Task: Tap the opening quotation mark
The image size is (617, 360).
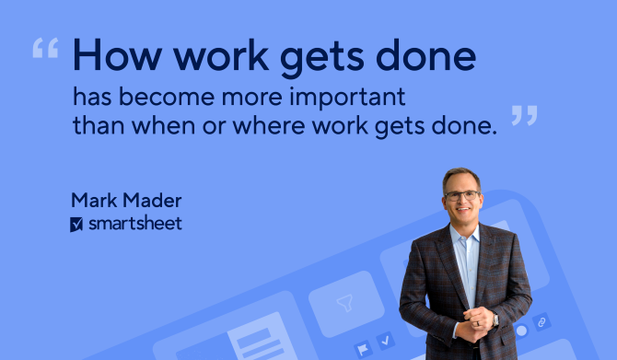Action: tap(44, 48)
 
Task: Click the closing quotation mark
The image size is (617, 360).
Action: tap(524, 115)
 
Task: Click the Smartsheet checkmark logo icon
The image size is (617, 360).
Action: tap(77, 224)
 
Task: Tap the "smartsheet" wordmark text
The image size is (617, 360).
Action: tap(134, 224)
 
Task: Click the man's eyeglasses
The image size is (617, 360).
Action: tap(462, 195)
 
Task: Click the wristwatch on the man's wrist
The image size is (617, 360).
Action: tap(495, 319)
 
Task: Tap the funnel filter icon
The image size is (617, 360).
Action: tap(346, 302)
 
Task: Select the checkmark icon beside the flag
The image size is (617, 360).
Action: tap(386, 341)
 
